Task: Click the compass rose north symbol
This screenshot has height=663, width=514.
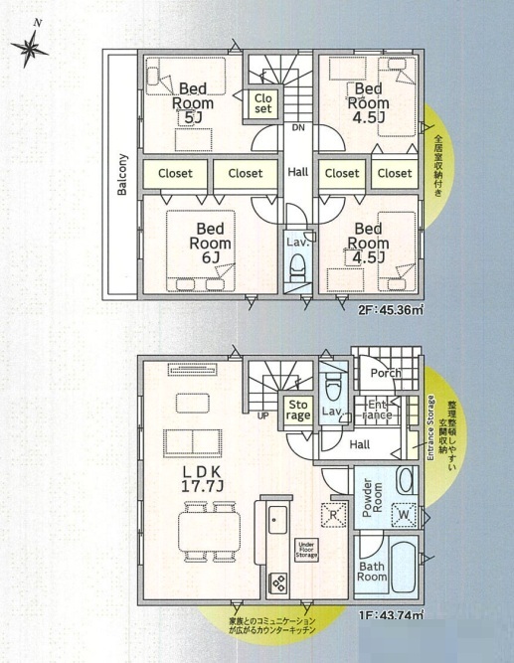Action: coord(30,48)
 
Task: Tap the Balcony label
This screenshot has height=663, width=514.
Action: coord(122,174)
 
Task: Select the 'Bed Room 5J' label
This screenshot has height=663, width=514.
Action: coord(193,103)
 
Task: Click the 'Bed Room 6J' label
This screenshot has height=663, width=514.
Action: coord(210,244)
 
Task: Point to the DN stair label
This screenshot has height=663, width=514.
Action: coord(298,127)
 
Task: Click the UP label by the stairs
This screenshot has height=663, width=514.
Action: coord(263,416)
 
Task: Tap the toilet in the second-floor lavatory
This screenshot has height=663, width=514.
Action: coord(298,267)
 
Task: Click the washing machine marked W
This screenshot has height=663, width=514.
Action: coord(404,514)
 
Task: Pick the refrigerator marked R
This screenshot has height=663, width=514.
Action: coord(333,515)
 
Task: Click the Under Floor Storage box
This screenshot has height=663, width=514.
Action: coord(306,550)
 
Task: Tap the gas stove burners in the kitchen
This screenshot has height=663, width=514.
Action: coord(278,582)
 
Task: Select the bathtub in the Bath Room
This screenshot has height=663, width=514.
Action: coord(404,568)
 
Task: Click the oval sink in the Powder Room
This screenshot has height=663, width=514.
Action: coord(406,480)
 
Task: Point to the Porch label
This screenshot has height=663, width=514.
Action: coord(386,373)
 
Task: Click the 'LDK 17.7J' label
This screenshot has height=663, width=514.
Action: coord(202,479)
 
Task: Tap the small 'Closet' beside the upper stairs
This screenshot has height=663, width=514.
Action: coord(263,103)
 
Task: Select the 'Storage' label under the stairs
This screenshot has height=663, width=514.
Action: coord(298,411)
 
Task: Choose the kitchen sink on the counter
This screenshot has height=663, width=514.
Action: coord(278,520)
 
